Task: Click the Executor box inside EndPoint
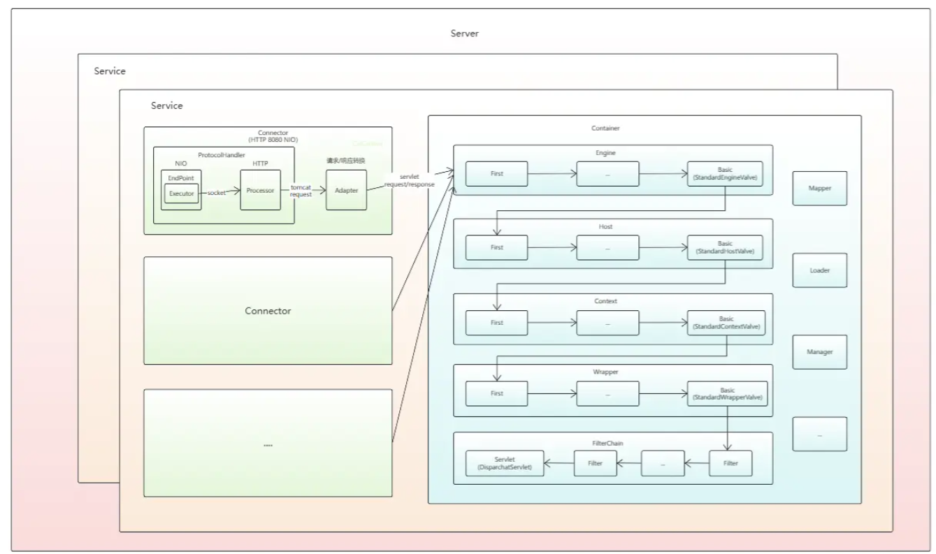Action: pyautogui.click(x=181, y=193)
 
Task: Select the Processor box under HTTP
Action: pyautogui.click(x=260, y=190)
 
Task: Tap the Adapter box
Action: pyautogui.click(x=346, y=190)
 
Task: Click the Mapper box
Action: pyautogui.click(x=819, y=189)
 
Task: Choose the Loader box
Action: pyautogui.click(x=819, y=270)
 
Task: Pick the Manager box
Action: pyautogui.click(x=819, y=351)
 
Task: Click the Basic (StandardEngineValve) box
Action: pyautogui.click(x=726, y=173)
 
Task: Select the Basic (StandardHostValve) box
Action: pyautogui.click(x=726, y=247)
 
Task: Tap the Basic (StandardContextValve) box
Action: pyautogui.click(x=726, y=323)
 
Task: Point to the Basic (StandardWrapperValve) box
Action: pyautogui.click(x=726, y=394)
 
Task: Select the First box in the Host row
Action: pyautogui.click(x=497, y=247)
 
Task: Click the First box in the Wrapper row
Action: pyautogui.click(x=497, y=394)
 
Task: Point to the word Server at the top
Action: pyautogui.click(x=465, y=34)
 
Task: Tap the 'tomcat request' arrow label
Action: pyautogui.click(x=301, y=191)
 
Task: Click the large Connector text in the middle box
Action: pyautogui.click(x=268, y=311)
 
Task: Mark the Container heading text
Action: pyautogui.click(x=605, y=129)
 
